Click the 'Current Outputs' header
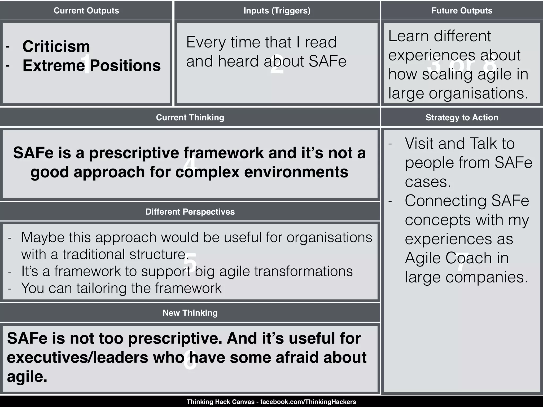[86, 11]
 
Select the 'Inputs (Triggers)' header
[277, 11]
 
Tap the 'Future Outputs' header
[462, 11]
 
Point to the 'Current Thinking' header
[190, 117]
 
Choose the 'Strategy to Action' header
[462, 117]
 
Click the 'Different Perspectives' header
[190, 212]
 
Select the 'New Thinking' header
[190, 313]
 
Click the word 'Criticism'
[56, 46]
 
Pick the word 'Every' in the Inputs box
[206, 42]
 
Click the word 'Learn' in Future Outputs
[408, 36]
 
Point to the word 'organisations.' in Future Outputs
[479, 93]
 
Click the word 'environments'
[296, 172]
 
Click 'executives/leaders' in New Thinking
[77, 358]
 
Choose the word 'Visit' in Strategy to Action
[419, 144]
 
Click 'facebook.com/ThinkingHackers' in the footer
[308, 402]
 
